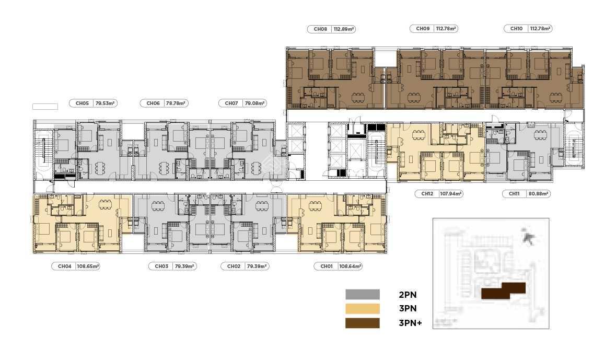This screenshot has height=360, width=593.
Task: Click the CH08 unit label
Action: click(320, 29)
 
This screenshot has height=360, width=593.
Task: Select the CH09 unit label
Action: click(423, 28)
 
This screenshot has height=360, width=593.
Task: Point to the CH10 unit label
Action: click(516, 28)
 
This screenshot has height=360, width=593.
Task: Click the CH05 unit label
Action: click(82, 103)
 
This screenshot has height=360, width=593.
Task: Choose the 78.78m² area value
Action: click(176, 103)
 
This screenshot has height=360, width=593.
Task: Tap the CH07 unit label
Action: click(231, 103)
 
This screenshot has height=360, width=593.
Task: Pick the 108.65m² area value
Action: click(88, 266)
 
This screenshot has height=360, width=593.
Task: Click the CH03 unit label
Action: click(161, 266)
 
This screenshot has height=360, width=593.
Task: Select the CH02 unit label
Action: click(234, 266)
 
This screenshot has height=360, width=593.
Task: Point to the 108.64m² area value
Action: click(350, 266)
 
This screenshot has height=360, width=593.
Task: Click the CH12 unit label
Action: click(427, 194)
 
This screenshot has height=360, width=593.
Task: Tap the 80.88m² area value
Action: click(538, 194)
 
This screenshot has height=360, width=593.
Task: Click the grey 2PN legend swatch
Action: click(362, 295)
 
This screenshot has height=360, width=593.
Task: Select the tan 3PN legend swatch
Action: click(362, 309)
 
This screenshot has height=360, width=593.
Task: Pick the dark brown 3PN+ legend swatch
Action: click(362, 323)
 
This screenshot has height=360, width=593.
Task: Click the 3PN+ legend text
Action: click(410, 323)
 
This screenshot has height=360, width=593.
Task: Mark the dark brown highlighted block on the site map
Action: click(503, 291)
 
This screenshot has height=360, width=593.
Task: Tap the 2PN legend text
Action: click(408, 295)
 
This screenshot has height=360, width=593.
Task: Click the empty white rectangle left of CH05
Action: click(45, 107)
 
